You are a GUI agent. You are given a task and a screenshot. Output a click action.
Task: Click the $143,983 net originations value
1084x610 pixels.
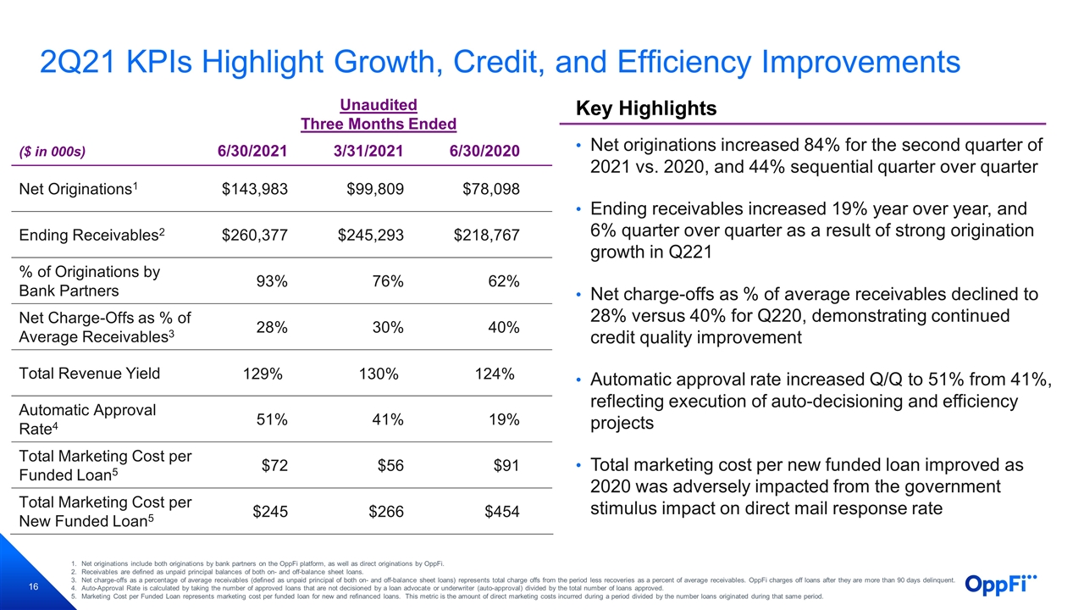point(255,189)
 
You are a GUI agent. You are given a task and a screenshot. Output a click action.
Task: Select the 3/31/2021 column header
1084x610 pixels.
point(368,151)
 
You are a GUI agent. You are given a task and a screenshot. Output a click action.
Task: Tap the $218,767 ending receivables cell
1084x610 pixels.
point(486,235)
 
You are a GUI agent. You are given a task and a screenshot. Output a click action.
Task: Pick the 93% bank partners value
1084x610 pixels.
point(272,280)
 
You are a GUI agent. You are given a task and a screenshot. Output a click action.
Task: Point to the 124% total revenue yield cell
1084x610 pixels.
point(495,374)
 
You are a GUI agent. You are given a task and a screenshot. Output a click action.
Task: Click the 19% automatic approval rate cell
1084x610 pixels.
point(504,419)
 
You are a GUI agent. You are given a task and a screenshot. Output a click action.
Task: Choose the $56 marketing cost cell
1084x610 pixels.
point(390,465)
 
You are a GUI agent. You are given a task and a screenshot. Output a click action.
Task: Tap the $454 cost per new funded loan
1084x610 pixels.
point(502,511)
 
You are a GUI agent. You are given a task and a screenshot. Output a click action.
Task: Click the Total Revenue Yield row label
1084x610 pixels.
point(90,374)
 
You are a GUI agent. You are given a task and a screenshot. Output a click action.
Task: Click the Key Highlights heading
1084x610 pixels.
point(646,108)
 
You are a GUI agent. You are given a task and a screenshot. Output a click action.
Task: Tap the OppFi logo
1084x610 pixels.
point(1001,585)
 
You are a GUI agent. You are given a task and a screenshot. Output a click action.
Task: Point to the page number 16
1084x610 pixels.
point(33,587)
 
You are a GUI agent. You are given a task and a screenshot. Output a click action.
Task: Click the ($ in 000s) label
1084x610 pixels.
point(53,152)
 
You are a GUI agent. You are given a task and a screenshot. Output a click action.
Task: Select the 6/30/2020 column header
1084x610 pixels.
point(484,151)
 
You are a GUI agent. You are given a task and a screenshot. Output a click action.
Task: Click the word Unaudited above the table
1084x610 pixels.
point(379,104)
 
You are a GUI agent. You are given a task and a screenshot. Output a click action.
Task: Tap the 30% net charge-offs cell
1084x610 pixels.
point(388,327)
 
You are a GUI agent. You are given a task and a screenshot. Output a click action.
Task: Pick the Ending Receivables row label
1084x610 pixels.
point(92,235)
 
